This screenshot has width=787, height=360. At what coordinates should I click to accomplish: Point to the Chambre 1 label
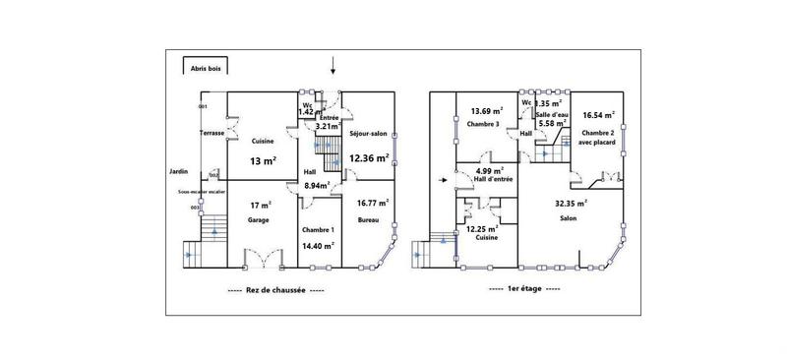pos(317,229)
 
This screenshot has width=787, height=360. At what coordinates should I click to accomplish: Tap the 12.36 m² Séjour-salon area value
pos(370,157)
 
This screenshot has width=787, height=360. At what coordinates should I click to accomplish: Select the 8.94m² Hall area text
pos(317,184)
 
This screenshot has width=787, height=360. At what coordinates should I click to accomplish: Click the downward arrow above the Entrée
pos(333,66)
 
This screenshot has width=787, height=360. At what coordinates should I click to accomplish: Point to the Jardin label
pos(178,170)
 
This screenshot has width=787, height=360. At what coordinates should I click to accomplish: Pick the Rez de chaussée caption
pos(275,290)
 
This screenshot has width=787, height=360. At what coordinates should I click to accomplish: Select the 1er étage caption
pos(523,290)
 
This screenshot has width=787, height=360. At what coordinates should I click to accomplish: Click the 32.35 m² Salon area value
pos(570,203)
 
